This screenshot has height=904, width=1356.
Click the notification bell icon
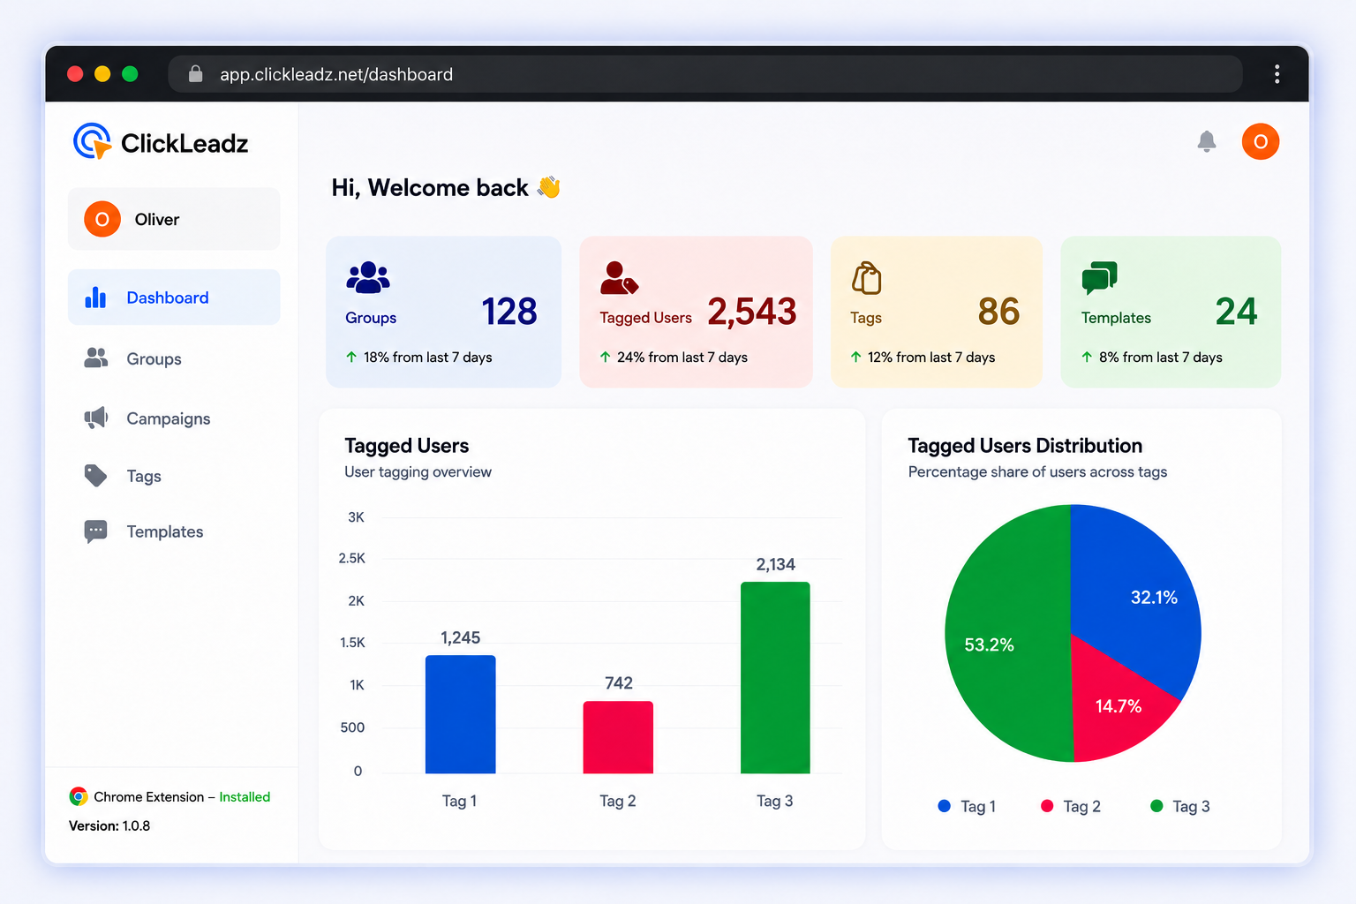coord(1206,141)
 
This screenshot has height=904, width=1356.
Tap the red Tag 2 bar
coord(618,737)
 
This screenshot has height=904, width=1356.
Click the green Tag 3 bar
coord(775,677)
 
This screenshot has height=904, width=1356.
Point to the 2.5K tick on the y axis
coord(351,558)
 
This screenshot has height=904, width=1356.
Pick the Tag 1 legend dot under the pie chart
coord(944,806)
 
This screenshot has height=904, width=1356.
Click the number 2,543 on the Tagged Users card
coord(752,312)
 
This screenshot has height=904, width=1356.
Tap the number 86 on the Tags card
coord(998,312)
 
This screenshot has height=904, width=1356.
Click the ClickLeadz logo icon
coord(92,141)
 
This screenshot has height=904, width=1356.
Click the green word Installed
coord(245,797)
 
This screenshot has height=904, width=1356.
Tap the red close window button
coord(75,74)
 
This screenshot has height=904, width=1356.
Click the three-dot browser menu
coord(1277,74)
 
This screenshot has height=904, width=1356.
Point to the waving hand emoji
coord(548,187)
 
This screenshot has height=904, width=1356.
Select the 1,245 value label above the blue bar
coord(460,637)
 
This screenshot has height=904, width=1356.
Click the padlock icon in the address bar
coord(195,73)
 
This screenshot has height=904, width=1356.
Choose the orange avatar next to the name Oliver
coord(102,219)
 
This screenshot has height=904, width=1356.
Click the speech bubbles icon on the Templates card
coord(1099,277)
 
